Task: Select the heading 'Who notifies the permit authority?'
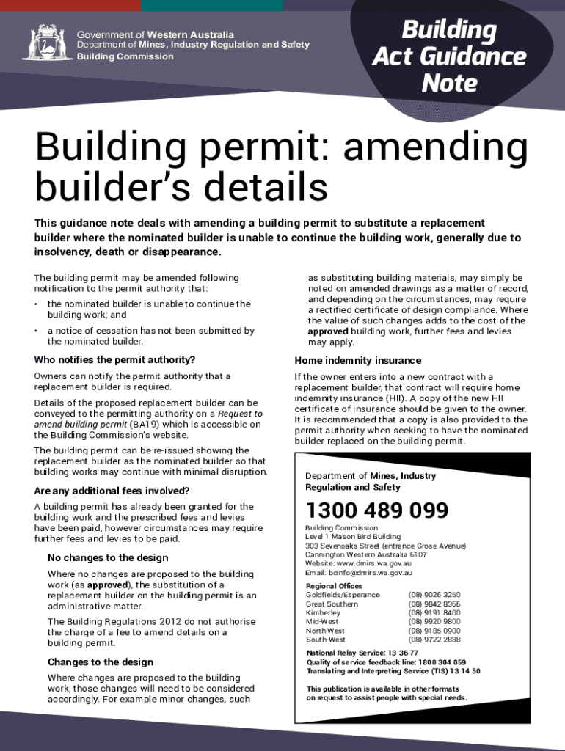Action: [114, 360]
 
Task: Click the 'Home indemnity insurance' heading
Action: [357, 360]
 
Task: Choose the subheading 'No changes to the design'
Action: [108, 557]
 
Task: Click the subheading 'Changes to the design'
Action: [101, 662]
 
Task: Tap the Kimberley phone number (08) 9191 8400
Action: [434, 613]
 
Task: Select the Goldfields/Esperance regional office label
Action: [343, 595]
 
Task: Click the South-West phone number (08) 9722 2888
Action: [434, 640]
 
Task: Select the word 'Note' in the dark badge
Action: [449, 83]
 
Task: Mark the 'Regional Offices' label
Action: [334, 586]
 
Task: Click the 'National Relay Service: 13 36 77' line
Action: [362, 653]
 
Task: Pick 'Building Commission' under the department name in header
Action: [125, 56]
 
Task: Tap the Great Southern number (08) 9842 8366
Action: [434, 604]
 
